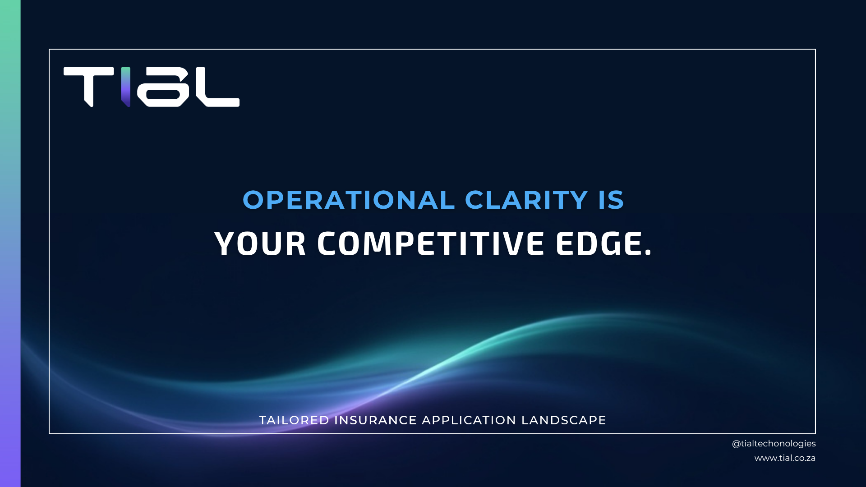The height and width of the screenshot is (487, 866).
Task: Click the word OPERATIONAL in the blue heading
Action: click(x=349, y=200)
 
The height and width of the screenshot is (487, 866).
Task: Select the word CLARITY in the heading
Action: click(x=526, y=200)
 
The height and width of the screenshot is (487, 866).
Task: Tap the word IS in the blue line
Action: click(x=611, y=200)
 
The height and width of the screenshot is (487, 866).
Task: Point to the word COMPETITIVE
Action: click(x=431, y=244)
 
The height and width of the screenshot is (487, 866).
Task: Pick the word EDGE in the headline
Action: click(x=599, y=244)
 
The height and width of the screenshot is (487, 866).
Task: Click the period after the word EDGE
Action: click(x=648, y=254)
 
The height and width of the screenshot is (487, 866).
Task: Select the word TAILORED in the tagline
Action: click(x=294, y=420)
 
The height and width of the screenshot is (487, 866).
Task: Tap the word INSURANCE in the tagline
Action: click(x=375, y=420)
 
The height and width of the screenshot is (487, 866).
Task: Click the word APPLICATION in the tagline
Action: click(x=469, y=420)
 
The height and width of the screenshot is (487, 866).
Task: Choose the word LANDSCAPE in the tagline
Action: click(x=563, y=420)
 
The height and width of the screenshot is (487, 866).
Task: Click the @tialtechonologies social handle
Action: click(x=774, y=444)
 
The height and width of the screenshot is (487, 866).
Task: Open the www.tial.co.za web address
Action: click(x=785, y=458)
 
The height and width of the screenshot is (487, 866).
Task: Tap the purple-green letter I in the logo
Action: click(x=125, y=87)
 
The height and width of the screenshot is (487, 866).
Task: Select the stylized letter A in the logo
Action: click(x=163, y=87)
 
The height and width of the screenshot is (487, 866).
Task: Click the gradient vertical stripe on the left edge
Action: click(x=10, y=243)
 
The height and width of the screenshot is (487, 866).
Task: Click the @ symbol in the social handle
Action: click(x=736, y=444)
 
